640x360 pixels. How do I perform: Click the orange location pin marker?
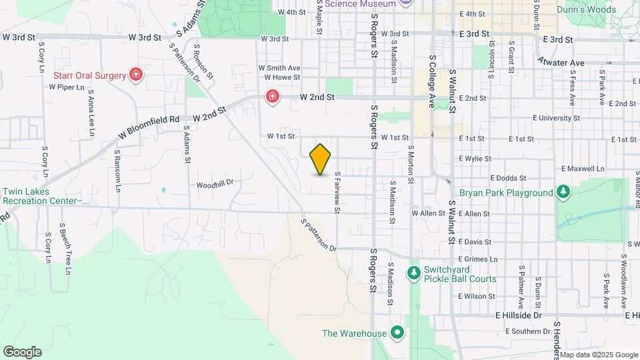click(321, 159)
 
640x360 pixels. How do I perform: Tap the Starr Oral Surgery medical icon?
click(137, 75)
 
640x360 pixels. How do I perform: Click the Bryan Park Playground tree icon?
click(564, 193)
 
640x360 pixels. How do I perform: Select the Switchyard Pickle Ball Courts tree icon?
click(414, 272)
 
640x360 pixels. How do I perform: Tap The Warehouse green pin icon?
click(398, 332)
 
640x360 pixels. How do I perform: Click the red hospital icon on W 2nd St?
click(272, 97)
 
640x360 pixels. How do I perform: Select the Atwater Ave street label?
click(561, 63)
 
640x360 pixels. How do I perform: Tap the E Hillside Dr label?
click(519, 315)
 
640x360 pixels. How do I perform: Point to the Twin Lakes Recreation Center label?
click(45, 195)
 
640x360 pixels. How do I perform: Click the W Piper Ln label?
click(67, 87)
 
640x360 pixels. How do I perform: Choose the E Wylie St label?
click(475, 159)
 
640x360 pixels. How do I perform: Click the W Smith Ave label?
click(279, 68)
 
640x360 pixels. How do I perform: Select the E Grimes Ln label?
click(479, 259)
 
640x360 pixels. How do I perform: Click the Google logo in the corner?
click(22, 351)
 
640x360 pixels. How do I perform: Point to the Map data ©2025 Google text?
click(598, 355)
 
